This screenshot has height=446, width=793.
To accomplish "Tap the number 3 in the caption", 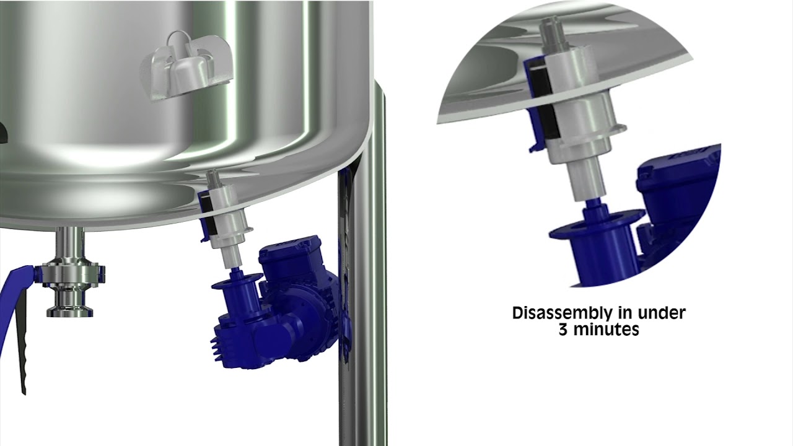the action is click(563, 330).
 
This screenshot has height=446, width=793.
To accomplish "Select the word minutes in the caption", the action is click(606, 330).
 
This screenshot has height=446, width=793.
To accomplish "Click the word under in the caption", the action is click(662, 313).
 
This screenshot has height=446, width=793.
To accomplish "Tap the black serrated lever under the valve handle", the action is click(22, 340).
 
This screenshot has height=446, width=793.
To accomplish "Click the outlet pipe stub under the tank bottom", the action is click(70, 243).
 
